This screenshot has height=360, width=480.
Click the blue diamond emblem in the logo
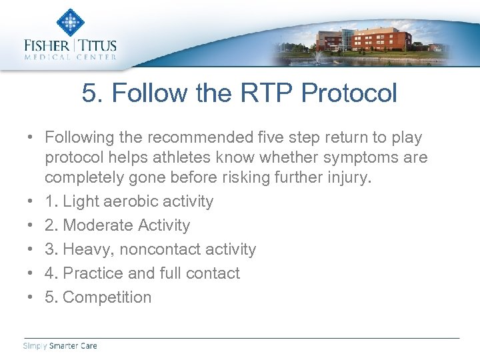pos(70,22)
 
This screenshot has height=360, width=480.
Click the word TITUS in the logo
pos(98,46)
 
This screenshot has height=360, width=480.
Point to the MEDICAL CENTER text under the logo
pos(70,57)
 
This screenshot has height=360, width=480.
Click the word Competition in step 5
pos(107,297)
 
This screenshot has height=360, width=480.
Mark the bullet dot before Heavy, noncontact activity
pos(31,249)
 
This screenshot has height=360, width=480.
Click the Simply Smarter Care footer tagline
pos(60,345)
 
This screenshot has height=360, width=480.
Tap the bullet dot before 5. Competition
pos(31,297)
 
